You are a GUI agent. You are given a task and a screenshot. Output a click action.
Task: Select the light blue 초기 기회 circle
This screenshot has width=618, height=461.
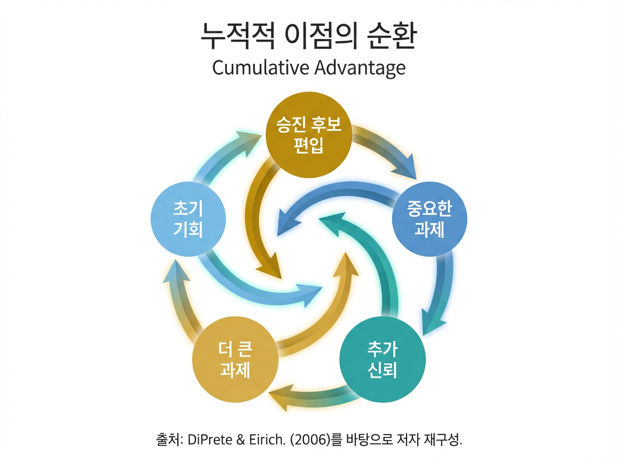188,218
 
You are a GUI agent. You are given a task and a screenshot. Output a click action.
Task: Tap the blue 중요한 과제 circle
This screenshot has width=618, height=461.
430,218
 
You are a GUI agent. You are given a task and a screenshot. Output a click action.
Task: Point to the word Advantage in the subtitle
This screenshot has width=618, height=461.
362,69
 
